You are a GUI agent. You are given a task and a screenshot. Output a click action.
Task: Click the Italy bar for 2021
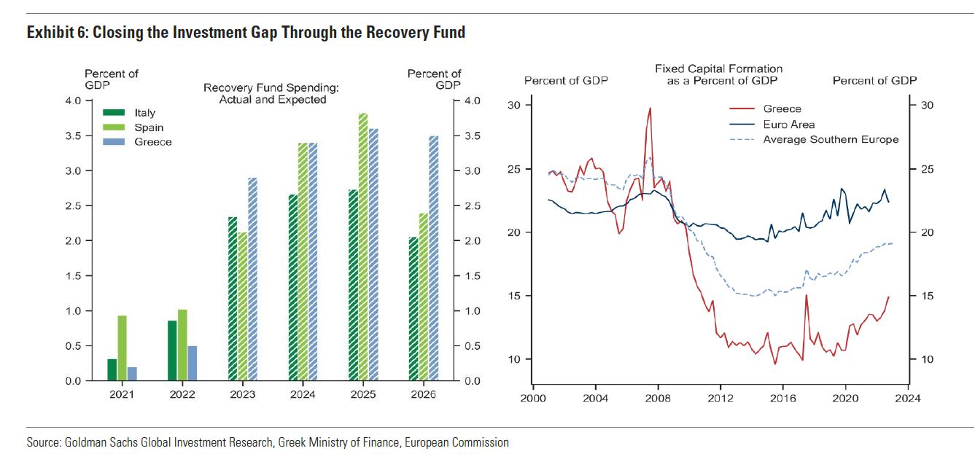pos(112,370)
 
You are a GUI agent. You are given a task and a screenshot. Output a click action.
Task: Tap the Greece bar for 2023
pos(252,279)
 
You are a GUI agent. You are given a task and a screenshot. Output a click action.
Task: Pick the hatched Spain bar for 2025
pos(363,248)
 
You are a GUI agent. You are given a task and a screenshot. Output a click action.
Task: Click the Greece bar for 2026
pos(433,259)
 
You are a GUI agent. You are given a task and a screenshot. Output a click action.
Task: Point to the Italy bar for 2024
pos(292,288)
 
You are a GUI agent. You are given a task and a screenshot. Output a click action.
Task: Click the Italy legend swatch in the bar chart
pos(114,113)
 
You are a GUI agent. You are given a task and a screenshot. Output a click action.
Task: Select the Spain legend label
pos(149,127)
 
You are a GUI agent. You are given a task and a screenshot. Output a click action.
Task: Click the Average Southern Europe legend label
pos(831,139)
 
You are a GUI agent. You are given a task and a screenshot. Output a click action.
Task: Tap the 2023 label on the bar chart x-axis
pos(242,395)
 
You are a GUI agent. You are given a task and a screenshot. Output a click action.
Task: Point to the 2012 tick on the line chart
pos(720,399)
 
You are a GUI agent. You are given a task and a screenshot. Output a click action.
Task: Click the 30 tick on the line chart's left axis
pos(515,106)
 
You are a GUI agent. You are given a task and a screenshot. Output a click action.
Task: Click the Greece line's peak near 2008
pos(650,109)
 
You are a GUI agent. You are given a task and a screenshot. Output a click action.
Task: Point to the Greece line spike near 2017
pos(806,295)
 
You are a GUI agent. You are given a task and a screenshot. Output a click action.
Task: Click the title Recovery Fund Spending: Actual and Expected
pos(272,94)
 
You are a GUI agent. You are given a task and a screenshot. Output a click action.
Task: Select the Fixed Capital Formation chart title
pos(718,74)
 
